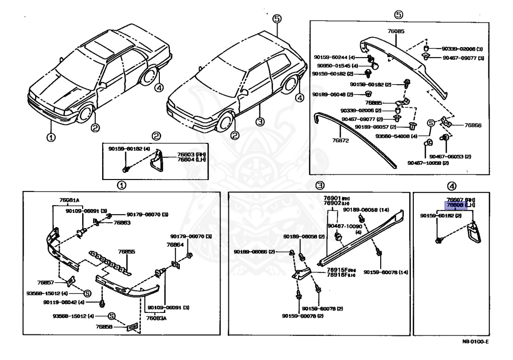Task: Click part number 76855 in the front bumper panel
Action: [x=127, y=252]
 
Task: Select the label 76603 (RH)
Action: [x=188, y=154]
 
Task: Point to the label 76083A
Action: [x=157, y=318]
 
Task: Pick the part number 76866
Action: [x=472, y=125]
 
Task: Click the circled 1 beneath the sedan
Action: [x=52, y=137]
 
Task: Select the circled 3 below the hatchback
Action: [x=260, y=122]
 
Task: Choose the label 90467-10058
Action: [x=423, y=162]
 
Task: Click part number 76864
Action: [x=175, y=245]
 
